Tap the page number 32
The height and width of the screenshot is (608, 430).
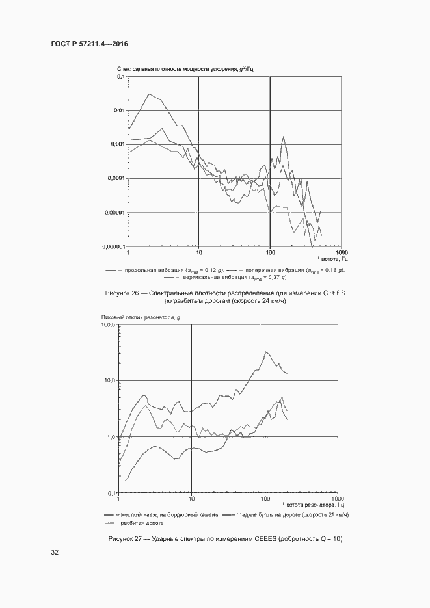pyautogui.click(x=55, y=553)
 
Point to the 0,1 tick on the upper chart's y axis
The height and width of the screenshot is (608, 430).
pyautogui.click(x=120, y=77)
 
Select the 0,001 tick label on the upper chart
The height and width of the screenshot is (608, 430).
pyautogui.click(x=117, y=144)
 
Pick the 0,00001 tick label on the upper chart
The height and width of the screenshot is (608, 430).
pyautogui.click(x=115, y=213)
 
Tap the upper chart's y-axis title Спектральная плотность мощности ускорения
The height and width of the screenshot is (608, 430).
pyautogui.click(x=176, y=68)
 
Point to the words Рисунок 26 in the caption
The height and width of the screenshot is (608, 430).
pyautogui.click(x=122, y=293)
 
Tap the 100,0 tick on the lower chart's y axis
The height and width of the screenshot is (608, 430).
pyautogui.click(x=108, y=324)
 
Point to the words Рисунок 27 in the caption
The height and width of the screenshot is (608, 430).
pyautogui.click(x=128, y=539)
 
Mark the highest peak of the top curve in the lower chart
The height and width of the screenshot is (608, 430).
pyautogui.click(x=265, y=352)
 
